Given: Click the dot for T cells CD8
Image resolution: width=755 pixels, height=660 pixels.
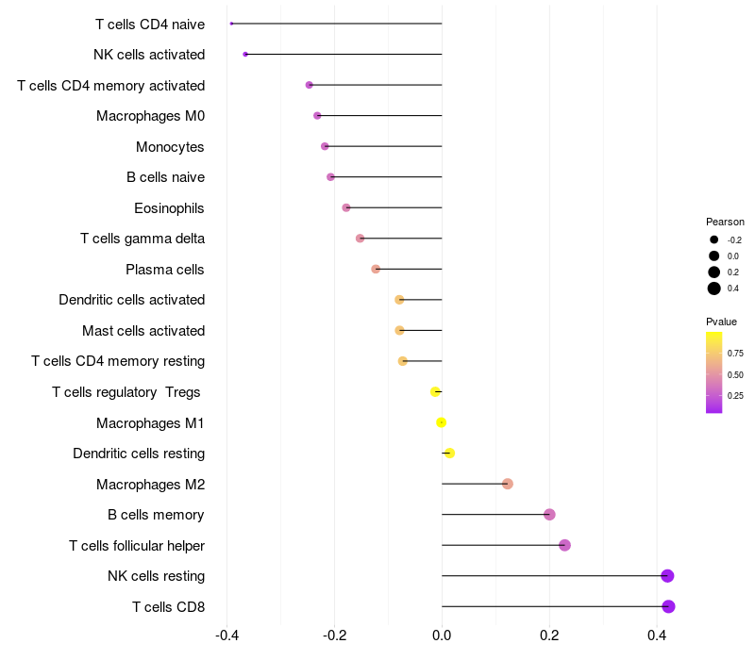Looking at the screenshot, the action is [668, 606].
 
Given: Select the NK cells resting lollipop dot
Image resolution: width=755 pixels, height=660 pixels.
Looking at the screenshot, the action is [667, 576].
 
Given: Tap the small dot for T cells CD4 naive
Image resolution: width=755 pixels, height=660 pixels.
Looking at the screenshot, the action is [231, 24].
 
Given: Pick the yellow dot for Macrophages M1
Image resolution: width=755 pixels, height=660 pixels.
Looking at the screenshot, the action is [441, 422].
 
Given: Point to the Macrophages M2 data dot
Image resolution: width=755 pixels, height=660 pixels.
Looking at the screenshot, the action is [507, 484].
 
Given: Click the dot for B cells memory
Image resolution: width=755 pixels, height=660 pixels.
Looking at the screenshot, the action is [549, 515].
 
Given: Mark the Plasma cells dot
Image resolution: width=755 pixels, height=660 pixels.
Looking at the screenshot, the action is [376, 269].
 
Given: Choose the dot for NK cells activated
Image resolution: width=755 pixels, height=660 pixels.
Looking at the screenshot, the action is [245, 55].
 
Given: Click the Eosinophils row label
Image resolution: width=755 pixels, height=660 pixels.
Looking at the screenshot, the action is [169, 208].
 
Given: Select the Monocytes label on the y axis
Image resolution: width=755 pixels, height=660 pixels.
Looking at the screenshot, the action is [170, 147].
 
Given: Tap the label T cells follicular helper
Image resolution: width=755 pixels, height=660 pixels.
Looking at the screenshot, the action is [137, 546].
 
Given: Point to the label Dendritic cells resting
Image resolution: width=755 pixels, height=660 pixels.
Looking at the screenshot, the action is [139, 454].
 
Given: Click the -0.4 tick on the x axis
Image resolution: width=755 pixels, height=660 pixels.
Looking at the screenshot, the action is [226, 635].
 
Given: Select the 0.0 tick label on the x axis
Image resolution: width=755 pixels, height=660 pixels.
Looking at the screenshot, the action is [442, 635].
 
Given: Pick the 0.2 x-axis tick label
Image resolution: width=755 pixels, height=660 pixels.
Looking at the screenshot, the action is [549, 635].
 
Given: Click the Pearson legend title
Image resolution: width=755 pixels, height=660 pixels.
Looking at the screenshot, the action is [725, 222].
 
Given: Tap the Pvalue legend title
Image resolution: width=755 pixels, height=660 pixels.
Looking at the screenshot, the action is [721, 322].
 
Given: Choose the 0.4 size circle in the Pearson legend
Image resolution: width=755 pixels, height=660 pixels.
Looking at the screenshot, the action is [714, 289].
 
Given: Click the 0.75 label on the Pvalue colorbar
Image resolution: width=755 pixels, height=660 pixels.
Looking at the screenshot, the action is [735, 353].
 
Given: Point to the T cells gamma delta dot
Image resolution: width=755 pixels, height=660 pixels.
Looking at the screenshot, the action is [361, 239].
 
